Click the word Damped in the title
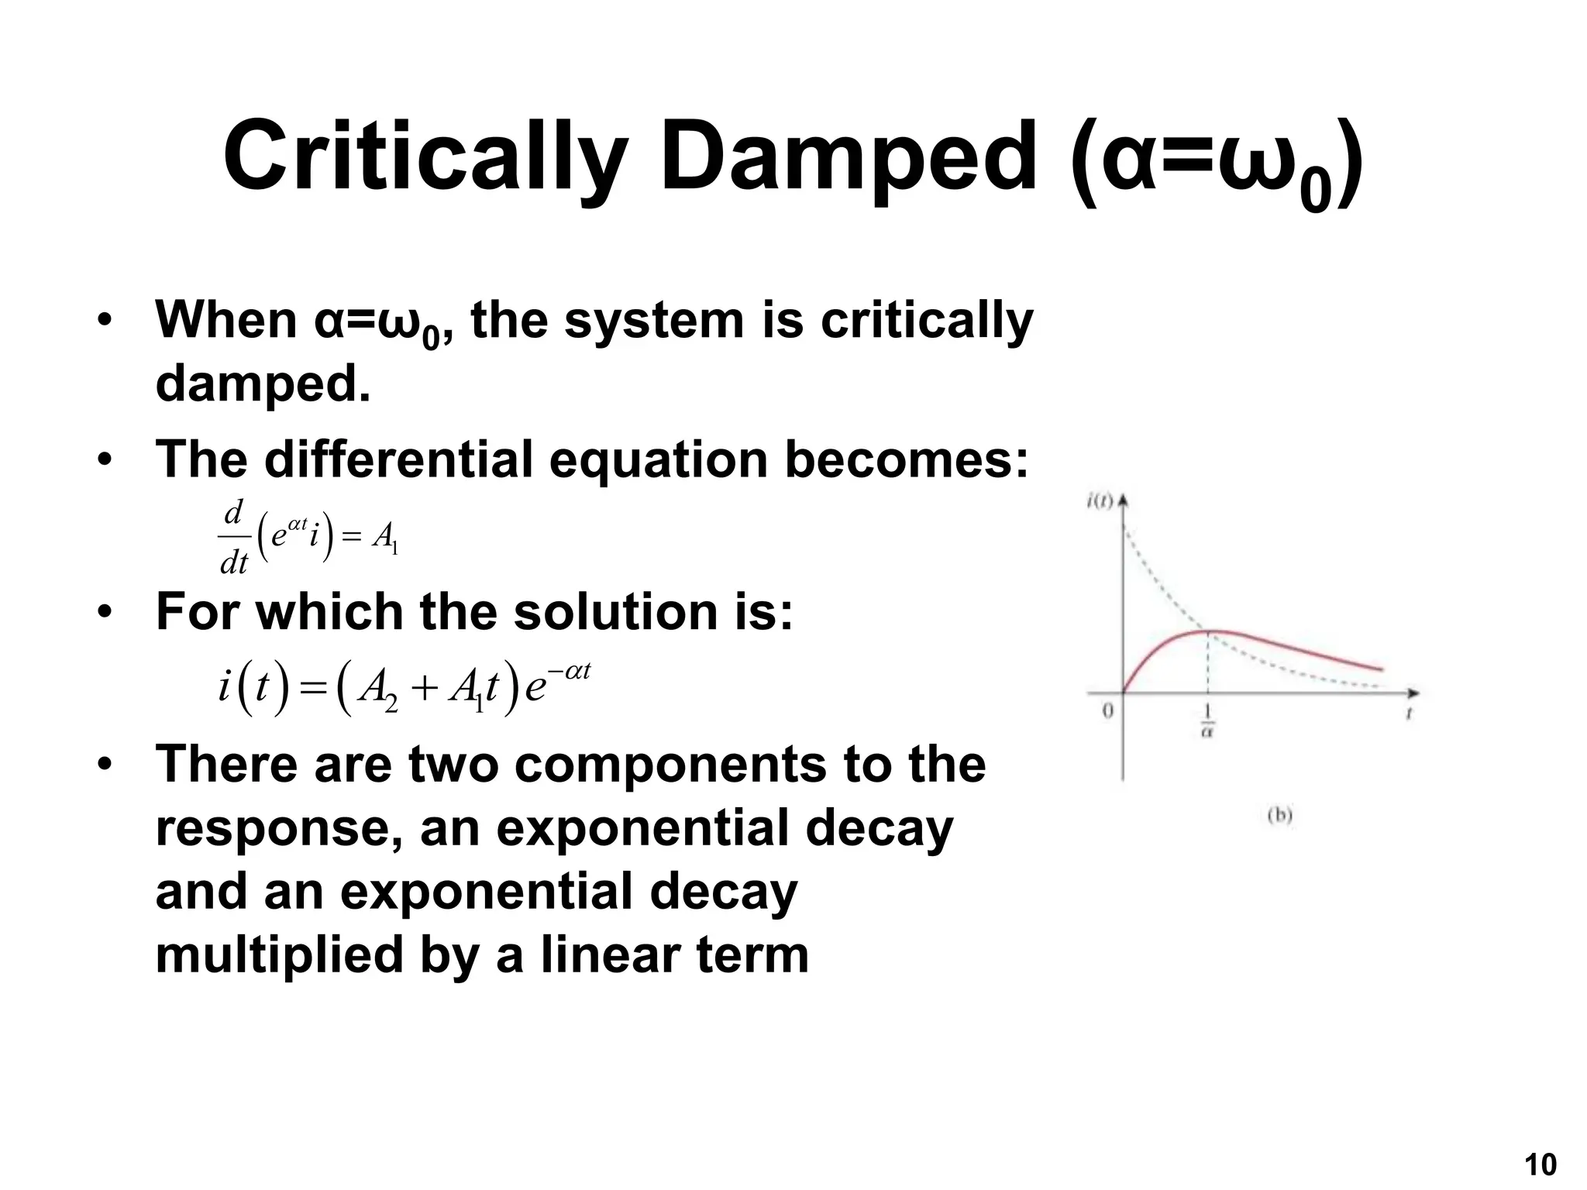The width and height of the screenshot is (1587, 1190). (x=848, y=157)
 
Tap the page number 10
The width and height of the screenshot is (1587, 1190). (x=1540, y=1164)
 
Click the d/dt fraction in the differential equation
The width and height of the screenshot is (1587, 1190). (x=233, y=537)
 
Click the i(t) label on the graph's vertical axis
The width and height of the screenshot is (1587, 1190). (x=1099, y=501)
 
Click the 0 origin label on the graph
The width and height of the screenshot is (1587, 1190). (x=1107, y=710)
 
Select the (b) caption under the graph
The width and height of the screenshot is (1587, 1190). (x=1279, y=815)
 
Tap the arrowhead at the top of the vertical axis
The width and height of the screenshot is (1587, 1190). (x=1123, y=500)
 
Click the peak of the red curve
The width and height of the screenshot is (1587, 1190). (x=1209, y=631)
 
